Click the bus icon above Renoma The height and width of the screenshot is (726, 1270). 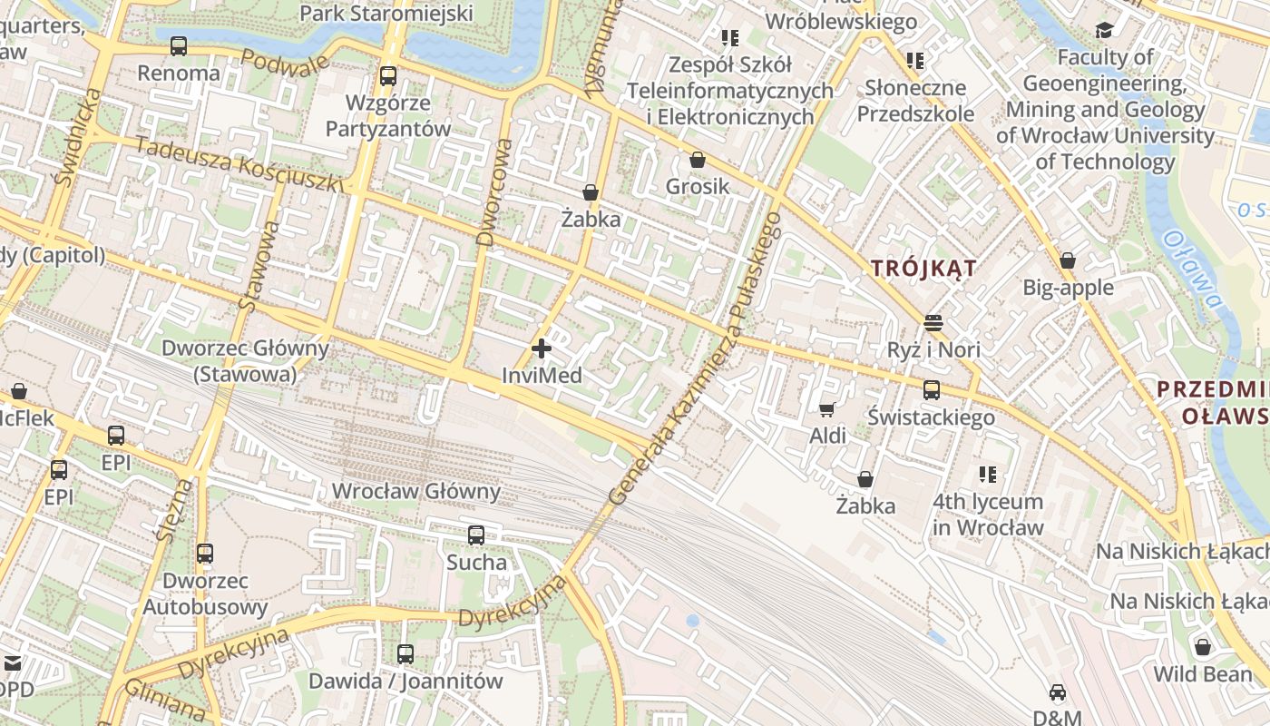pos(179,46)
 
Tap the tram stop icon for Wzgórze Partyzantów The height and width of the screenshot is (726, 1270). pos(388,75)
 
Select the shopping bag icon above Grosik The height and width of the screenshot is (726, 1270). pos(697,161)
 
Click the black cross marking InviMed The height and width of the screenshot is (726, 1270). pos(542,348)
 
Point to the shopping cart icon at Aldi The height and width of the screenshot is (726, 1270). pos(826,410)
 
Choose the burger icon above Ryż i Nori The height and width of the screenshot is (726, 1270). pos(933,323)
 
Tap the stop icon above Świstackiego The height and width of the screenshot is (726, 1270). pos(932,390)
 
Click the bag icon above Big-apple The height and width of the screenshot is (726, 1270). pos(1068,261)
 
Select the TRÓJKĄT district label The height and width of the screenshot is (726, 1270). pos(923,269)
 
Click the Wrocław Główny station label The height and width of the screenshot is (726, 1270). pos(415,492)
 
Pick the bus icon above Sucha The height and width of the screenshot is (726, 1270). pos(476,535)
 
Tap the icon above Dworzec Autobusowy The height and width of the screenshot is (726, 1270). pos(205,553)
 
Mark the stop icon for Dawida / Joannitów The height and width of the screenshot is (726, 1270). pos(405,653)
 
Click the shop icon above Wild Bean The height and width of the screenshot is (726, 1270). pos(1203,647)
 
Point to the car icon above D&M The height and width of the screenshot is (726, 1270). pos(1058,693)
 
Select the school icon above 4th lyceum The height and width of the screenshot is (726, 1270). pos(988,475)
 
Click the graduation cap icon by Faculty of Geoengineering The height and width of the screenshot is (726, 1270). pos(1104,31)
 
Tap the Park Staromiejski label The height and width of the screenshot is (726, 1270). pos(386,13)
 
